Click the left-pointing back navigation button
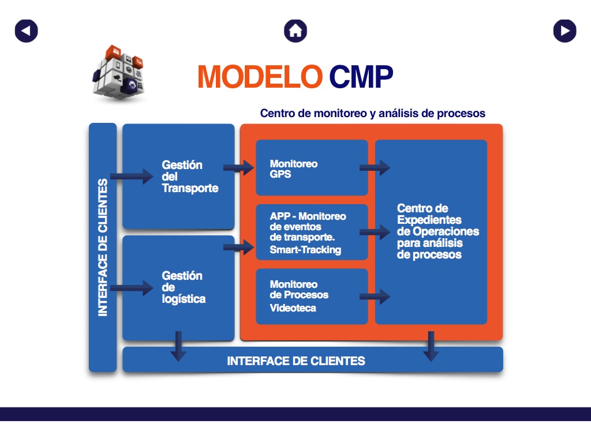tap(26, 31)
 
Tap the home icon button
tap(295, 31)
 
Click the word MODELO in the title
tap(260, 76)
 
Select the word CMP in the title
tap(361, 76)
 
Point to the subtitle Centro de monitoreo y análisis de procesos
tap(372, 114)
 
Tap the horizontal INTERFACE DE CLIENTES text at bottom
tap(296, 361)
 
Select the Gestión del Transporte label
tap(190, 177)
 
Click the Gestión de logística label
tap(184, 287)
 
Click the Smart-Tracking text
tap(305, 250)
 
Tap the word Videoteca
tap(293, 308)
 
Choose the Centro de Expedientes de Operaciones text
tap(437, 231)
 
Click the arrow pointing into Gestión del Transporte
tap(132, 176)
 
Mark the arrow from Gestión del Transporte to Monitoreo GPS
tap(238, 168)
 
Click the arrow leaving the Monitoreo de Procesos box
tap(375, 297)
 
